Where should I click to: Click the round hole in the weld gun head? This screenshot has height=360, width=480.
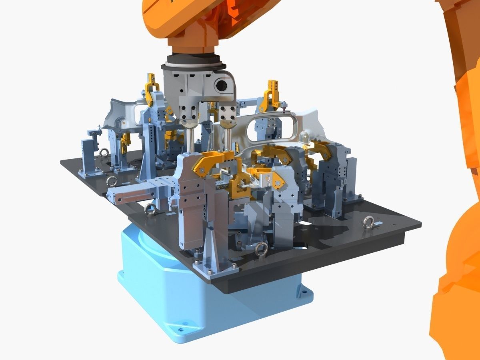(x=221, y=84)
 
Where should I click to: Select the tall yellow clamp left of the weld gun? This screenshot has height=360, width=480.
(x=151, y=88)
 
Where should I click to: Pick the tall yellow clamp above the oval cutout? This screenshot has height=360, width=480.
(x=272, y=96)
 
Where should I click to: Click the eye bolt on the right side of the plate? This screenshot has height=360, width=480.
(x=368, y=222)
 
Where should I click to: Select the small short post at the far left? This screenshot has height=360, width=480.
(x=88, y=156)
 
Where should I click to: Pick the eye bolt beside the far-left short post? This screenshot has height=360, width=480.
(x=104, y=152)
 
